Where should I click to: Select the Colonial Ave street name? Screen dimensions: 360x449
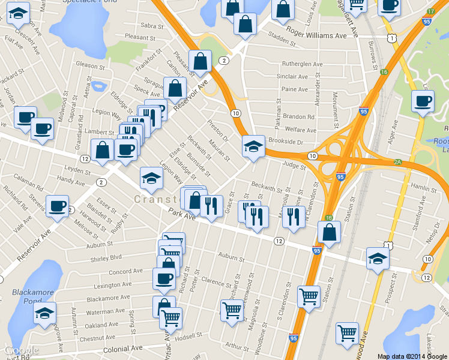tap(123, 348)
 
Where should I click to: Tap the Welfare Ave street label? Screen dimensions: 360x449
tap(301, 130)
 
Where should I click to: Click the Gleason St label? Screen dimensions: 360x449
tap(91, 64)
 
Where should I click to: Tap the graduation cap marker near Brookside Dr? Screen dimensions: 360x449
tap(253, 146)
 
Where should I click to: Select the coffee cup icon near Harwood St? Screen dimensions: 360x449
tap(58, 206)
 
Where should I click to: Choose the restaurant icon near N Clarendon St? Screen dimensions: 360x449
tap(292, 216)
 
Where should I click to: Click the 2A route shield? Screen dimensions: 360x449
tap(397, 162)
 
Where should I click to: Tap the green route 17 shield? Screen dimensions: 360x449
tap(430, 12)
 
